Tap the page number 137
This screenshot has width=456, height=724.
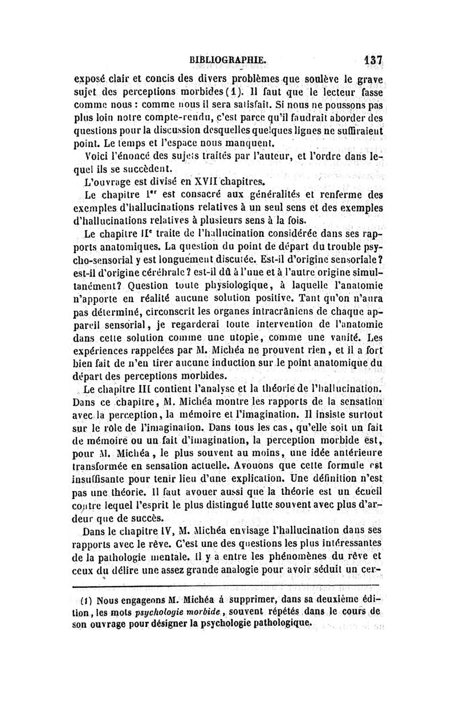pyautogui.click(x=369, y=60)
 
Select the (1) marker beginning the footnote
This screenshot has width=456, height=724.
pyautogui.click(x=85, y=601)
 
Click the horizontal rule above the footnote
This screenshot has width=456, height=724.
pyautogui.click(x=227, y=585)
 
